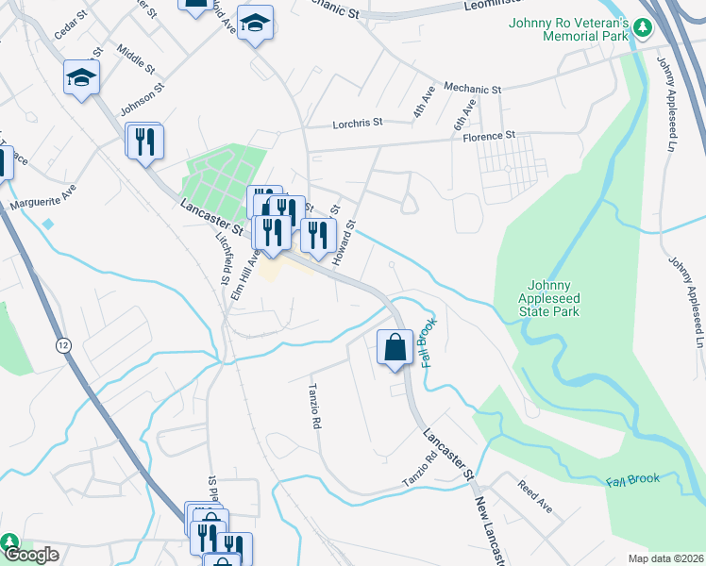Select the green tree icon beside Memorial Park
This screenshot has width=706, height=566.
643,27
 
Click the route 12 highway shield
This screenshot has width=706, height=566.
63,345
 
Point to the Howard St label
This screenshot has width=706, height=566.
348,240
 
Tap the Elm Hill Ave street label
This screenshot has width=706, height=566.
244,274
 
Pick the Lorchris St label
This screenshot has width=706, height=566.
357,124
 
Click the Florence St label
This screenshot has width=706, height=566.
488,135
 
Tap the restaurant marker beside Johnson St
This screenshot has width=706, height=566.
144,142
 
